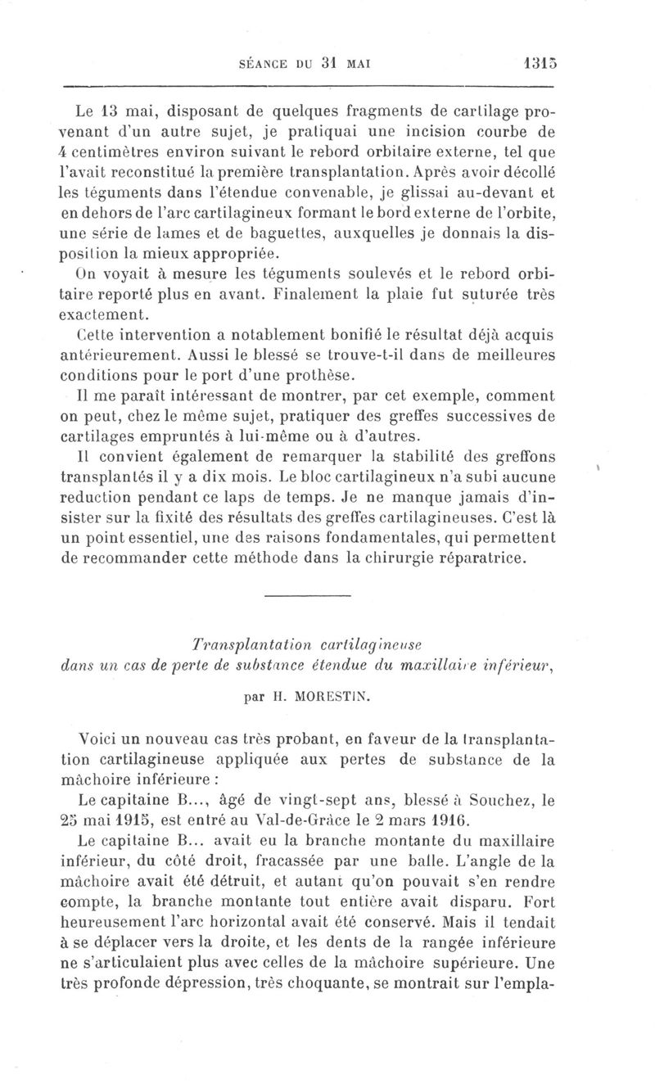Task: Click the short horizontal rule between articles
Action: coord(308,594)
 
